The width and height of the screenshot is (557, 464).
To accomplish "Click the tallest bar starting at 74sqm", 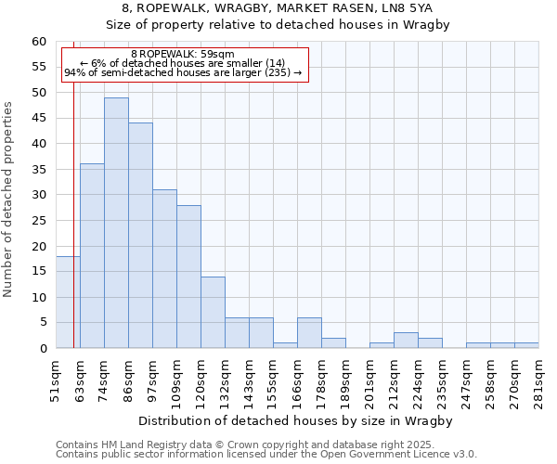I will click(x=116, y=223).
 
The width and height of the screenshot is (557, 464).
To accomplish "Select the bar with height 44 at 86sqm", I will click(x=140, y=236).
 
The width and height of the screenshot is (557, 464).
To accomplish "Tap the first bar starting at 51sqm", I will click(x=68, y=303).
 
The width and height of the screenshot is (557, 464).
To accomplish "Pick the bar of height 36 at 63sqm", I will click(x=92, y=256).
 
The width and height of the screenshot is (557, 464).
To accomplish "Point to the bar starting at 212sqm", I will click(x=406, y=341).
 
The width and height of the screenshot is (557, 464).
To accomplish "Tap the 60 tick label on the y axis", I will click(x=38, y=42).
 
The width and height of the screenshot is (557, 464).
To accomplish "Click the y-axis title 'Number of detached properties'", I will click(x=8, y=200).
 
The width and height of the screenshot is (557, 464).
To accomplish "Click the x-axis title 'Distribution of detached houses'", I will click(x=301, y=421).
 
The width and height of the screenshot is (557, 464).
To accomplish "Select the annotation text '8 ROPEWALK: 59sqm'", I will click(x=183, y=55).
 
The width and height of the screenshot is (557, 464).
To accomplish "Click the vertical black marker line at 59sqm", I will click(x=73, y=213).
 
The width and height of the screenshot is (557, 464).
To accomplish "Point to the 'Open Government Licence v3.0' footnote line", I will click(x=266, y=455).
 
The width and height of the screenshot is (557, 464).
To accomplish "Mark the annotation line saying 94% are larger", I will click(x=183, y=72).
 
